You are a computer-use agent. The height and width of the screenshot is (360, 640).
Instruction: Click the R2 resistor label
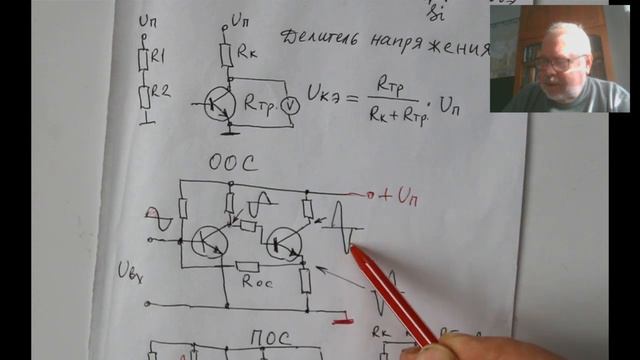click(161, 93)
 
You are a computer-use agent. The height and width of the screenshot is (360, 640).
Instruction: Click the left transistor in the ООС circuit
click(209, 241)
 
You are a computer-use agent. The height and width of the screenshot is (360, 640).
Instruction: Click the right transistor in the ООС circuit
click(286, 241)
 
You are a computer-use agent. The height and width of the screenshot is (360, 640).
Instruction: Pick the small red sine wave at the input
click(153, 212)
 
